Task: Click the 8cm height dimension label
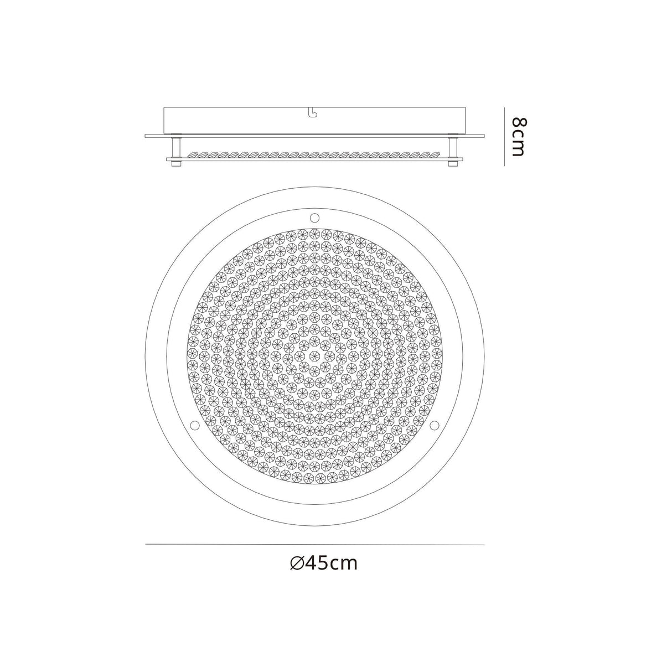pyautogui.click(x=518, y=137)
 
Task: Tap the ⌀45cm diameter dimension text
pyautogui.click(x=324, y=563)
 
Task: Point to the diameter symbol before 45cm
pyautogui.click(x=296, y=564)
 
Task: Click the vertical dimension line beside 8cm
pyautogui.click(x=504, y=137)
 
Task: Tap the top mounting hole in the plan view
pyautogui.click(x=314, y=216)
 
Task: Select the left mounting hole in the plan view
pyautogui.click(x=195, y=425)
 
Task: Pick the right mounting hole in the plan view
pyautogui.click(x=434, y=425)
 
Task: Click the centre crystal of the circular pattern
pyautogui.click(x=314, y=355)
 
